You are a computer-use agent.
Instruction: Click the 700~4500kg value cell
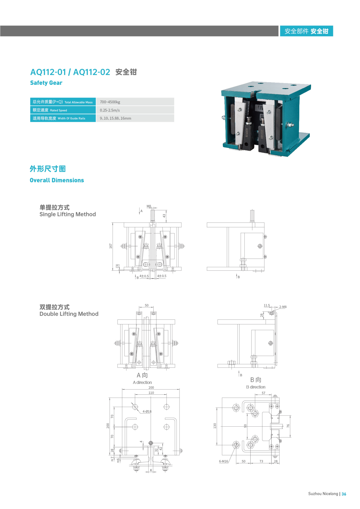(110, 102)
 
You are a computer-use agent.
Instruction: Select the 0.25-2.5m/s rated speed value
(110, 110)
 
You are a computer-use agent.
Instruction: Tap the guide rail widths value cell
(115, 118)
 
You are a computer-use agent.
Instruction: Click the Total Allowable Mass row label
(63, 102)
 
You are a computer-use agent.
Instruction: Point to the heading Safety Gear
(46, 83)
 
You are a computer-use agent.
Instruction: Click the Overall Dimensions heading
(57, 180)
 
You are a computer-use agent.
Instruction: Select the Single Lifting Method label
(68, 214)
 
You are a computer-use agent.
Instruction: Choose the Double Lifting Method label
(69, 314)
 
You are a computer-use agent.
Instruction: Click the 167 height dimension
(111, 246)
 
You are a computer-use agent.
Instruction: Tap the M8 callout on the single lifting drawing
(149, 206)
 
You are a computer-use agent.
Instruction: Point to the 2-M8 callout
(283, 307)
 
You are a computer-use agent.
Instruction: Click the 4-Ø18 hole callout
(147, 411)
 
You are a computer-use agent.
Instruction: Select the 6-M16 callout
(224, 461)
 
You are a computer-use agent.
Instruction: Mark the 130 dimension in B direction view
(215, 426)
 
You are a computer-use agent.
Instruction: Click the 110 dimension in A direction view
(151, 393)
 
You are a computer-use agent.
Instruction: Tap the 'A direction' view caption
(142, 382)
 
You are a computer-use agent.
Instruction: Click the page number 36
(344, 494)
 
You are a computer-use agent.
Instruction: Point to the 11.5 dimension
(267, 305)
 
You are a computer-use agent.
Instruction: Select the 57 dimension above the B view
(263, 393)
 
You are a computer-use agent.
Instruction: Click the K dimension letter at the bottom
(151, 470)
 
